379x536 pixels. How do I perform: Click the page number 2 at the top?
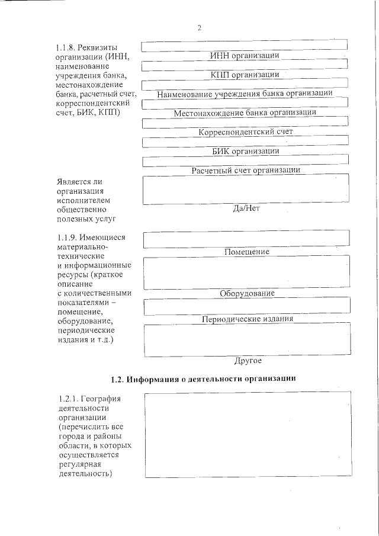point(200,27)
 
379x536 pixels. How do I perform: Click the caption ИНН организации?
point(245,56)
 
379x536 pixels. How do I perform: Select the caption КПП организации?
point(245,75)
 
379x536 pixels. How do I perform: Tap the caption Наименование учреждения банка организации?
point(245,93)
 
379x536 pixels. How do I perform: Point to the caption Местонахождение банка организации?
point(245,112)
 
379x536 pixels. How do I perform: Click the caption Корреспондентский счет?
point(246,131)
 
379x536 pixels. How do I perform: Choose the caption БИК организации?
point(246,151)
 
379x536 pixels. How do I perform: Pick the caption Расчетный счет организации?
point(246,170)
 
